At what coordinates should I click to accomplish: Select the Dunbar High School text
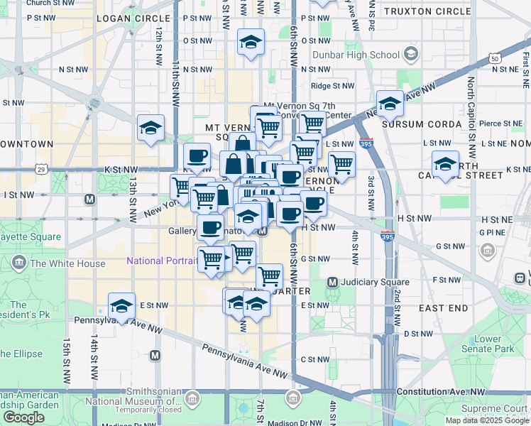point(366,55)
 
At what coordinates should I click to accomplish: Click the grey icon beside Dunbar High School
point(410,54)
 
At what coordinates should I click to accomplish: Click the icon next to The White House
point(19,263)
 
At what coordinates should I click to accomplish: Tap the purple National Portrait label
point(162,261)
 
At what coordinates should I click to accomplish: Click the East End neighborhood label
point(444,308)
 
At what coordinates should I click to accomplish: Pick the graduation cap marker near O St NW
point(251,42)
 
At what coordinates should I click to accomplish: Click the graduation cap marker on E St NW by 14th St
point(122,306)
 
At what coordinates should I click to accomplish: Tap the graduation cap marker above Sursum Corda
point(390,104)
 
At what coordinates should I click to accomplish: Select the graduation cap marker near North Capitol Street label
point(445,164)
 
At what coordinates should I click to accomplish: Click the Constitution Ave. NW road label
point(441,392)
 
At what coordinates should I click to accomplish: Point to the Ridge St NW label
point(332,86)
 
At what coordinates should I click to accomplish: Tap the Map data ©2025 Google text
point(486,420)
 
